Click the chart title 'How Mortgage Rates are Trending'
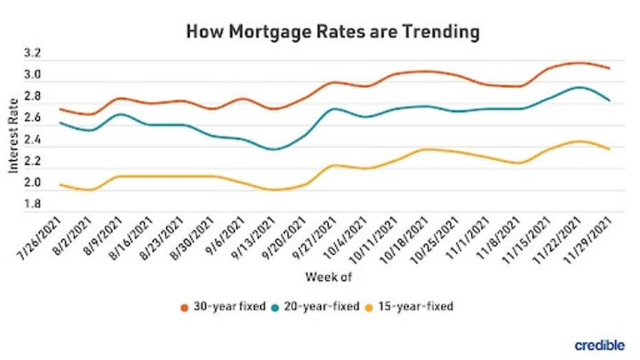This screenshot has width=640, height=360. point(332,32)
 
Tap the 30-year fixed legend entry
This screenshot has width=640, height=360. point(222,306)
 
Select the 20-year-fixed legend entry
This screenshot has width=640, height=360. point(317,306)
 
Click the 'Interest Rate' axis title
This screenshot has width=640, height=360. point(14,131)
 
